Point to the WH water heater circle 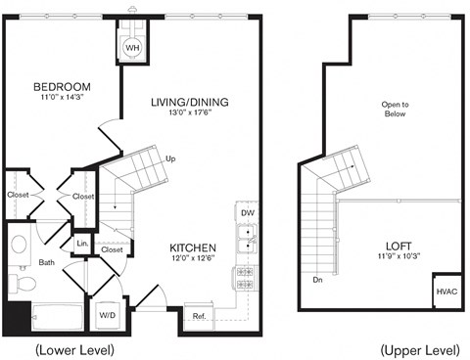tap(132, 45)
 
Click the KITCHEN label tap(192, 248)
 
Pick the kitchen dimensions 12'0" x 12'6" tap(192, 260)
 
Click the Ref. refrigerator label tap(199, 316)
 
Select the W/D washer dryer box tap(107, 315)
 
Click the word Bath tap(46, 262)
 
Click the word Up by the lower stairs tap(170, 157)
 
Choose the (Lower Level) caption tap(74, 349)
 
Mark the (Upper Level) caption tap(419, 349)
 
